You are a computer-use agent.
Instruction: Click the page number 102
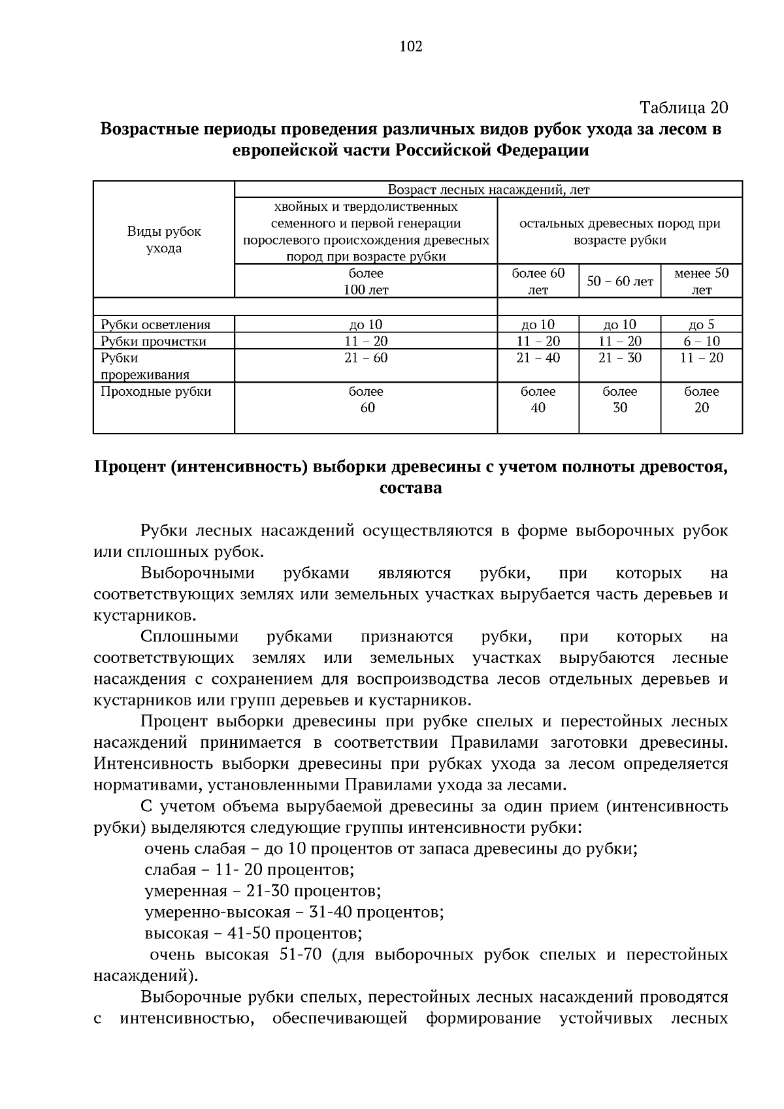410,46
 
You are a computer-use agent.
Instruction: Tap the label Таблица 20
683,106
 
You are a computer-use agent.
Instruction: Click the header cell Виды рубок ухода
164,240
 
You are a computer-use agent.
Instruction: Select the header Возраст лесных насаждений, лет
488,189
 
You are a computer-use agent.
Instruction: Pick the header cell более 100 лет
366,281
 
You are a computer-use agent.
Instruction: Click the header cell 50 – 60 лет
619,281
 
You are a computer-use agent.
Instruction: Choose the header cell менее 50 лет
701,281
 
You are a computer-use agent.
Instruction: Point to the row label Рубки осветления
155,325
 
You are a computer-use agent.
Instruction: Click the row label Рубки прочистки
153,342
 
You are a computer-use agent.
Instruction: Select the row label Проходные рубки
155,391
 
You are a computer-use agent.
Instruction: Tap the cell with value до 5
701,325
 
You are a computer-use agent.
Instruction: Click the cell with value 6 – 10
701,341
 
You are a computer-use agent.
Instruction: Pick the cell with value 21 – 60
366,358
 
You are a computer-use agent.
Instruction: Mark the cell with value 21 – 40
538,358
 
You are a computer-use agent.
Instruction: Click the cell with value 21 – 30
619,358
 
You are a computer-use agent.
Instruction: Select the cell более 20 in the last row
701,400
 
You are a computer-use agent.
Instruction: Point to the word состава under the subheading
410,488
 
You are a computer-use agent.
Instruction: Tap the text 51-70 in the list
300,954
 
